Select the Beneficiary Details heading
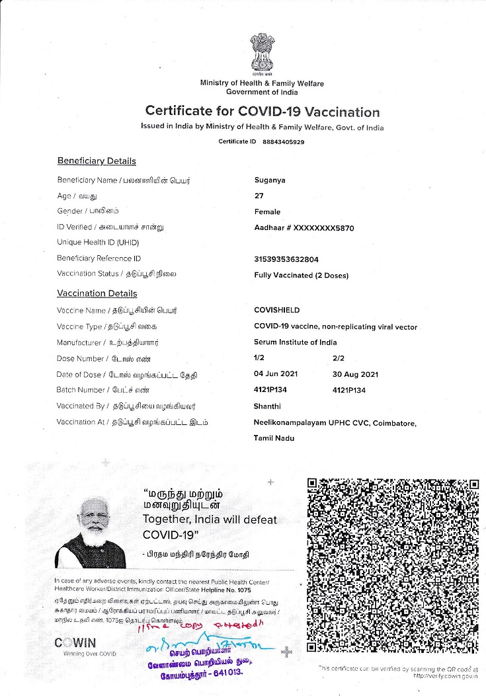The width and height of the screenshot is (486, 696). tap(97, 161)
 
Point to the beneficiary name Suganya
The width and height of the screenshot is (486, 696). tap(270, 180)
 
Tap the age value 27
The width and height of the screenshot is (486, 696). tap(259, 196)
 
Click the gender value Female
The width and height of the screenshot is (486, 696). tap(267, 212)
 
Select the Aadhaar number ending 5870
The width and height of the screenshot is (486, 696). tap(304, 227)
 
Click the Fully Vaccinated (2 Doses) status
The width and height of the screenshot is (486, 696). tap(301, 275)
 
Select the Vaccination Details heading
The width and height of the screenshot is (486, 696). tap(97, 293)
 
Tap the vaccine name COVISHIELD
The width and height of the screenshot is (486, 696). tap(276, 309)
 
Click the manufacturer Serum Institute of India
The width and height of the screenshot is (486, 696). tap(295, 342)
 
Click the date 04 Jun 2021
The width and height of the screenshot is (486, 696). tap(276, 374)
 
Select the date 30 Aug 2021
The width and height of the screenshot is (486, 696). tap(355, 374)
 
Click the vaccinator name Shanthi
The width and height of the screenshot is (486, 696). tap(268, 406)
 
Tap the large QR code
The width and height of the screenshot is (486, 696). tap(393, 566)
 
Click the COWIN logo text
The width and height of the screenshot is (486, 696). tap(75, 642)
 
